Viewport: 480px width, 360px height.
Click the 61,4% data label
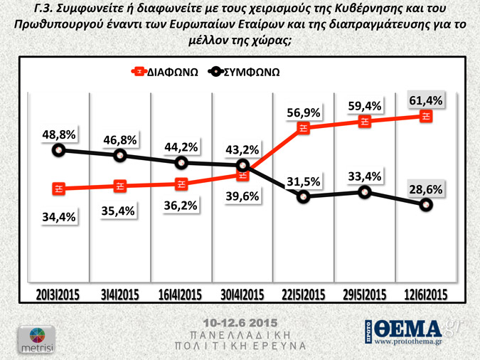pos(425,101)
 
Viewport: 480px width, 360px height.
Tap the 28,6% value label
pos(425,190)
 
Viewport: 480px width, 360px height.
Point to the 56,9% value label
pos(304,112)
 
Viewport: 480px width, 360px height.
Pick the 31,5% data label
pos(304,180)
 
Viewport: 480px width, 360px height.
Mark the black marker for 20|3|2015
pos(59,149)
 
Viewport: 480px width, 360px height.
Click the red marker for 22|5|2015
pos(304,128)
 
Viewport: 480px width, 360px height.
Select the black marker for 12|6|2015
pos(425,205)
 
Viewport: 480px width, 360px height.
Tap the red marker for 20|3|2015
pos(59,189)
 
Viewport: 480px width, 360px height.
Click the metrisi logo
pos(30,338)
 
